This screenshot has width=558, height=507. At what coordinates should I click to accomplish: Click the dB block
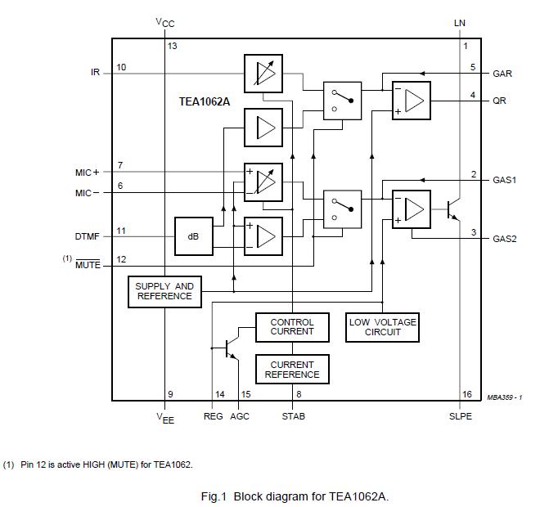pos(193,236)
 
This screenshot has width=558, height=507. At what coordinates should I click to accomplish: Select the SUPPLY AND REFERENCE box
pos(164,291)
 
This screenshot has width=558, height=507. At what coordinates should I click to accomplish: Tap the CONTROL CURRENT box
pos(291,327)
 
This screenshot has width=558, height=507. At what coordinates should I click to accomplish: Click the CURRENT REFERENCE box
pos(291,370)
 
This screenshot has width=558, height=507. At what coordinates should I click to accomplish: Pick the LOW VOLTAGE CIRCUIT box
pos(382,327)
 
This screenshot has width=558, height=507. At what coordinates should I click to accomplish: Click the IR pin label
pos(95,72)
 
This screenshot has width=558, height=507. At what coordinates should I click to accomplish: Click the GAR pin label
pos(502,74)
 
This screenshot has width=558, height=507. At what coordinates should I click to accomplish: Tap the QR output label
pos(498,101)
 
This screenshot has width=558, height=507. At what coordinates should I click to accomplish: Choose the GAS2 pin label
pos(504,239)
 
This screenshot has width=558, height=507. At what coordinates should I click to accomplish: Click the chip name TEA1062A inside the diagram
pos(205,102)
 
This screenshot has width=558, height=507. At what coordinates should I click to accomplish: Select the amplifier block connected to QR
pos(411,101)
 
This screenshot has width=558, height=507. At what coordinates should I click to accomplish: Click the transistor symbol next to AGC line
pos(230,348)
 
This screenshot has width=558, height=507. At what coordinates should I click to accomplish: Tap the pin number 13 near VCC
pos(173,46)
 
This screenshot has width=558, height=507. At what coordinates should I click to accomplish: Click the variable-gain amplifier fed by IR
pos(263,74)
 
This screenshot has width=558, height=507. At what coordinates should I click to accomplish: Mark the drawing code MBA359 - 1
pos(504,397)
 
